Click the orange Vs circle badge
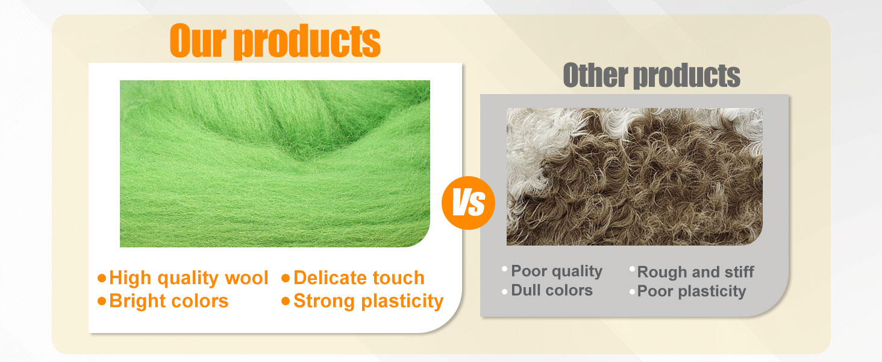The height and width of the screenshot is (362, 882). [x=468, y=203]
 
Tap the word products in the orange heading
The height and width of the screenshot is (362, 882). [x=307, y=42]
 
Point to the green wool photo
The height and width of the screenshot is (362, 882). [x=275, y=164]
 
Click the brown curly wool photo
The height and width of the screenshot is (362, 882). [x=634, y=176]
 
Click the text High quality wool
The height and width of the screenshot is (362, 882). [x=189, y=278]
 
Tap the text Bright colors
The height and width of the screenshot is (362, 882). [x=169, y=301]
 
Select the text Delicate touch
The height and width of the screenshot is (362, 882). [x=359, y=278]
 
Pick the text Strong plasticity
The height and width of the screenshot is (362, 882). [x=368, y=301]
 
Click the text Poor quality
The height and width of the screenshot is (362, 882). [x=557, y=271]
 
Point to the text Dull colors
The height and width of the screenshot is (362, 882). [x=552, y=291]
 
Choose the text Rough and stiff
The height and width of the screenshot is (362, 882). [x=695, y=272]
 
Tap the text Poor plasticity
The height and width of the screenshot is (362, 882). [x=691, y=291]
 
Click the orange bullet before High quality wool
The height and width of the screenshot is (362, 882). [x=102, y=278]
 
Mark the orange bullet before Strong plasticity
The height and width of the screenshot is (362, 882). [x=286, y=301]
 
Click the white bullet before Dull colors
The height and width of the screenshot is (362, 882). [x=504, y=291]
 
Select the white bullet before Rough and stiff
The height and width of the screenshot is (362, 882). [x=632, y=269]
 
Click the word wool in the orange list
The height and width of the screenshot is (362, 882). [x=246, y=278]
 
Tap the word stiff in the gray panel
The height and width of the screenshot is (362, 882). [x=739, y=272]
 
